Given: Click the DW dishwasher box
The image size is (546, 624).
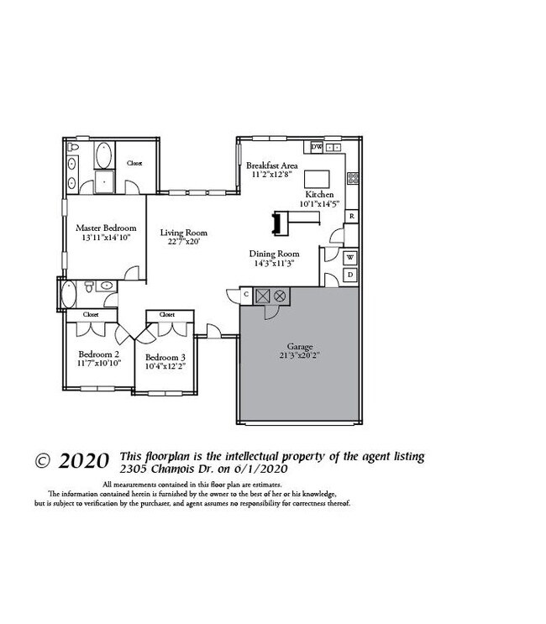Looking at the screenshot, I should click(317, 147).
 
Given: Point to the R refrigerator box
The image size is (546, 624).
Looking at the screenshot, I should click(351, 216).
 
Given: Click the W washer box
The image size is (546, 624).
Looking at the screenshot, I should click(350, 257).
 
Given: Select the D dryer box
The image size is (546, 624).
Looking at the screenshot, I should click(350, 275).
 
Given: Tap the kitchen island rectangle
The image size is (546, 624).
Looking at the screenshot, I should click(316, 179).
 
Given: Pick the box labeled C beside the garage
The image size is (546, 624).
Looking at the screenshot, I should click(246, 295).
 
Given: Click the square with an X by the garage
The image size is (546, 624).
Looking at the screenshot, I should click(262, 295).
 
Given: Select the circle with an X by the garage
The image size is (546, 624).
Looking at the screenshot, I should click(280, 295).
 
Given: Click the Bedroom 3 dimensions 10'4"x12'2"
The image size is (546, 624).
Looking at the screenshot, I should click(165, 366).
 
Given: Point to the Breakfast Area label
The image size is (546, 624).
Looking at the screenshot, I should click(271, 166).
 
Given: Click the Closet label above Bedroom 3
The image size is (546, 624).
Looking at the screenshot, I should click(165, 314).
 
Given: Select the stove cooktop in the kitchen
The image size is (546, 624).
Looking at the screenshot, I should click(354, 178).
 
